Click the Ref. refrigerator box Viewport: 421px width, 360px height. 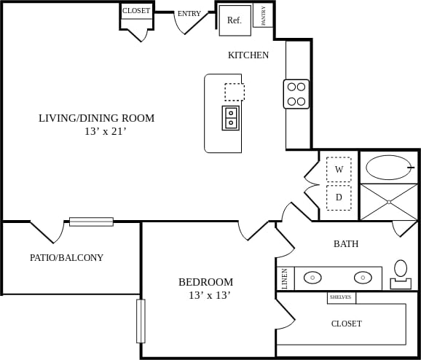235,20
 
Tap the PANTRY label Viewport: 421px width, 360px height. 263,16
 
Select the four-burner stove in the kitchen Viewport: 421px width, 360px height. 296,94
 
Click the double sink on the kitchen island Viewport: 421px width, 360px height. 231,117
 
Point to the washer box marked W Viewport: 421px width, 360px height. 339,169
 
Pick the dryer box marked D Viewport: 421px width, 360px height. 339,197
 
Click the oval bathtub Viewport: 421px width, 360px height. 389,168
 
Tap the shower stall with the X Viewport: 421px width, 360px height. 389,202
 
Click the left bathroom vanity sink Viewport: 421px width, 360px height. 313,278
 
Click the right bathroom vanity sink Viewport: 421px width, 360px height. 363,278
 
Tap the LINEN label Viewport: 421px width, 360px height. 284,278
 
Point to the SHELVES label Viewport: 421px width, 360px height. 341,297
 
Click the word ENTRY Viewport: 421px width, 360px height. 189,13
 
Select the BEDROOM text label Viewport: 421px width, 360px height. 205,282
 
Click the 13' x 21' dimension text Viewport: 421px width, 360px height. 106,132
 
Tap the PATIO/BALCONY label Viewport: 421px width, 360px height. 66,257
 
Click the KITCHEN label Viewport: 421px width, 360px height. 248,55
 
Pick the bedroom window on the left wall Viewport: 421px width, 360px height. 141,321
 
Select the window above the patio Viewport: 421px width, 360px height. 91,222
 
